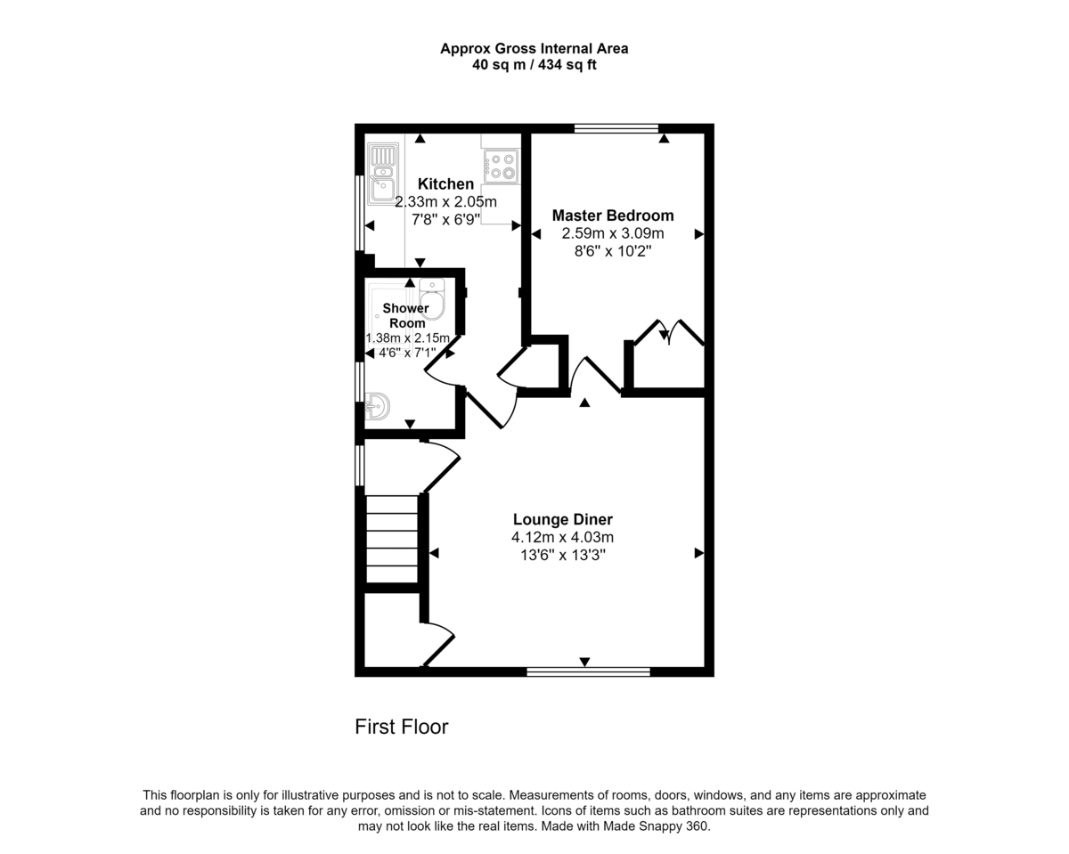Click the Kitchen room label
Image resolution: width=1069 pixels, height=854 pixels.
tap(445, 184)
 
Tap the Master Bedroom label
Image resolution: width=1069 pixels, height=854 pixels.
tap(613, 216)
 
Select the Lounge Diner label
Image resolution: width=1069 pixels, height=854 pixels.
tap(563, 519)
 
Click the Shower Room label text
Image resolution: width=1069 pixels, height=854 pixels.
tap(406, 316)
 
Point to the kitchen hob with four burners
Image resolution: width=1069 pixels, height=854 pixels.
tap(502, 167)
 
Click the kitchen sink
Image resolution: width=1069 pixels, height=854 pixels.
tap(383, 174)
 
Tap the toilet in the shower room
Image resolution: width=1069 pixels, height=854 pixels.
tap(432, 298)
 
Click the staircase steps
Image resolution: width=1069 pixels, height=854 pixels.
tap(391, 539)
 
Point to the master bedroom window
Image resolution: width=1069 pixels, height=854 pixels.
tap(616, 128)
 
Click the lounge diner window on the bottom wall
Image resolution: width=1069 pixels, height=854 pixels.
tap(588, 672)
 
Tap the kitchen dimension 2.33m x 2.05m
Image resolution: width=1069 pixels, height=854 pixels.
tap(445, 202)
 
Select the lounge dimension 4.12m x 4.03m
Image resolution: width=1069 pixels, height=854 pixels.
tap(563, 537)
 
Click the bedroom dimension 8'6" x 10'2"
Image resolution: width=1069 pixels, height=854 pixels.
tap(613, 251)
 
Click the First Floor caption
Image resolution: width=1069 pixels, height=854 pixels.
tap(402, 728)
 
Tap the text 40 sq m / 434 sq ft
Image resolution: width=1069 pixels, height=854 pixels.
tap(534, 65)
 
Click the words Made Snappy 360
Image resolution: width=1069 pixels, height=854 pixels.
tap(656, 826)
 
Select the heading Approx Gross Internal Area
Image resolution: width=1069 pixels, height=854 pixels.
tap(534, 49)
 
